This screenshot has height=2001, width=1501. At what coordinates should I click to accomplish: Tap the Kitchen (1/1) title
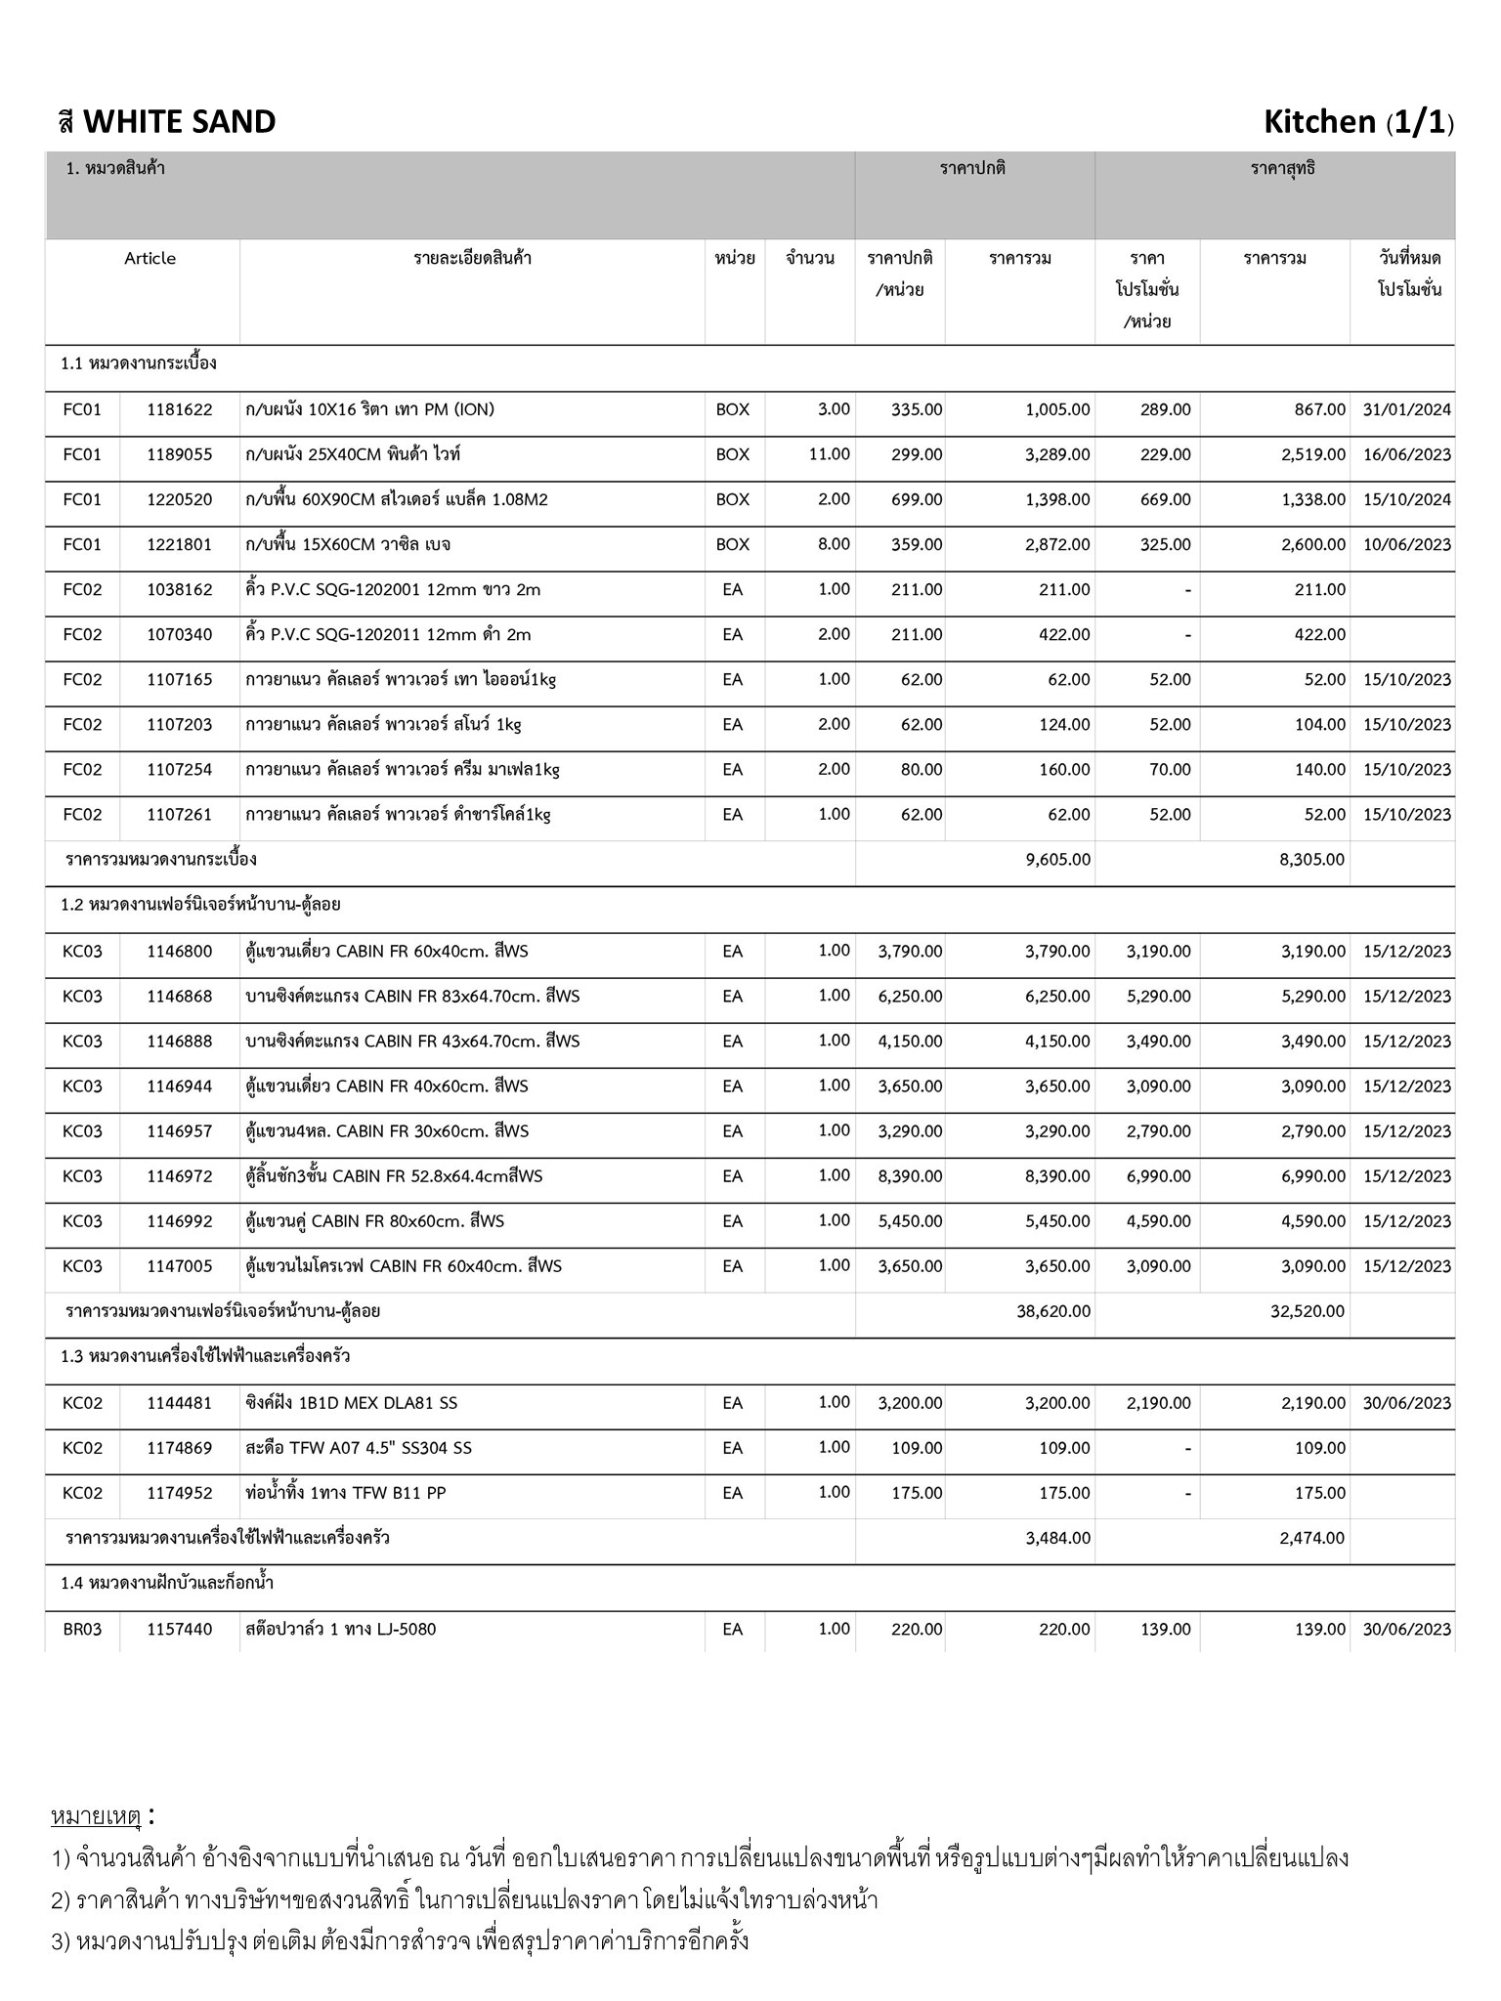1357,122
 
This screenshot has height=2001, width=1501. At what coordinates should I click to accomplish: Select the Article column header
150,258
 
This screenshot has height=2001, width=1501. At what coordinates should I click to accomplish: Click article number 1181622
179,409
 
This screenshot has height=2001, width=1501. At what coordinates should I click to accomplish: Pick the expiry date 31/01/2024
1406,409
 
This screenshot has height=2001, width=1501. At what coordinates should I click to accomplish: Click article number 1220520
179,499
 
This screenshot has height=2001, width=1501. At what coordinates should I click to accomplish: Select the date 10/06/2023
1406,544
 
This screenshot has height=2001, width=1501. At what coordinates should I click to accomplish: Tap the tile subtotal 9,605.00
1057,860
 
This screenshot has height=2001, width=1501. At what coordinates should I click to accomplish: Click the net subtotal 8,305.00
1311,860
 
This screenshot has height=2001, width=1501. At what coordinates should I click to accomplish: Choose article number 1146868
179,997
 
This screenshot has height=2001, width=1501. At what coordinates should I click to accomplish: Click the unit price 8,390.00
910,1176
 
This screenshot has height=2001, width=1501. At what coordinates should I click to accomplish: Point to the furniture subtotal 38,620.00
1053,1311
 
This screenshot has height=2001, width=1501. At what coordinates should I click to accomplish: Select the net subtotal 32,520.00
1308,1311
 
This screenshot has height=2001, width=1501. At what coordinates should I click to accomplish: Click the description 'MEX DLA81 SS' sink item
352,1403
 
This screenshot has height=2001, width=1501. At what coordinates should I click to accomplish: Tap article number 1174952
179,1493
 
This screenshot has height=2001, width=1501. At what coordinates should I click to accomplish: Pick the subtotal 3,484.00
1057,1538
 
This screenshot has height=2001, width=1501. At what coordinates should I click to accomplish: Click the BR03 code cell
82,1629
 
